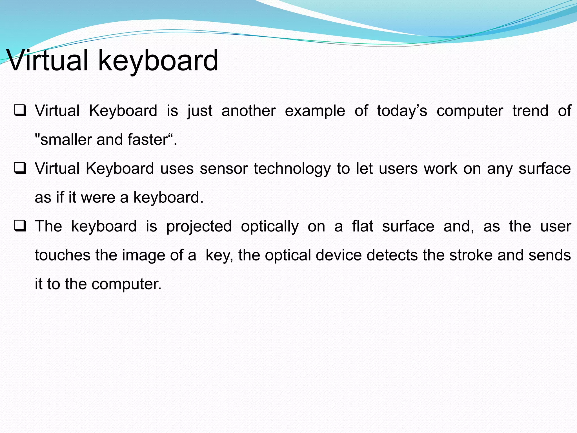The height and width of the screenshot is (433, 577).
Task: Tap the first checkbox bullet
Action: pyautogui.click(x=20, y=111)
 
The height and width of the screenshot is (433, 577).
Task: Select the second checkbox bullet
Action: pyautogui.click(x=20, y=169)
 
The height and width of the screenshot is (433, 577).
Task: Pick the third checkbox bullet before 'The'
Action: pyautogui.click(x=20, y=226)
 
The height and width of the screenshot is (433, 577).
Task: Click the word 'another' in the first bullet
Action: pyautogui.click(x=248, y=111)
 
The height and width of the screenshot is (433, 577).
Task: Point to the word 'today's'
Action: pyautogui.click(x=402, y=111)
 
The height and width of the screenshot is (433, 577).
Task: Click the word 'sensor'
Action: pyautogui.click(x=223, y=169)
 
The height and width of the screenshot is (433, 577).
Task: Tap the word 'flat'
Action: pyautogui.click(x=363, y=226)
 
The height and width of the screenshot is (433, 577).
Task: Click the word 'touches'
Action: pyautogui.click(x=62, y=255)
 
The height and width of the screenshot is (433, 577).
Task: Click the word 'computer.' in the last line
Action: pyautogui.click(x=127, y=284)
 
